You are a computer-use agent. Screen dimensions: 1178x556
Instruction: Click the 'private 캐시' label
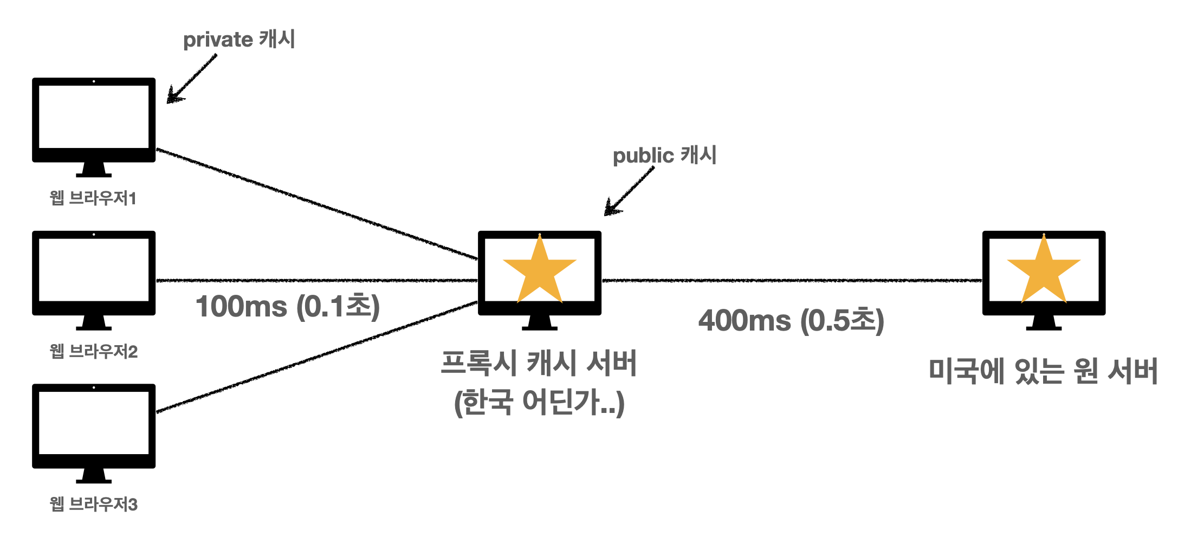coord(239,40)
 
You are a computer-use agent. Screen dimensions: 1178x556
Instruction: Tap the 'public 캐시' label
coord(664,156)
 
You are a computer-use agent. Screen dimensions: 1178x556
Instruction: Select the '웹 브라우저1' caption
coord(93,198)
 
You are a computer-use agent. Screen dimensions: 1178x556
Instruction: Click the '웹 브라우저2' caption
coord(93,352)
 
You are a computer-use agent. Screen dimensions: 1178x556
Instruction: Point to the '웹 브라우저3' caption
coord(93,505)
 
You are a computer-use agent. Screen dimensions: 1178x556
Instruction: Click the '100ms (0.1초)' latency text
coord(287,307)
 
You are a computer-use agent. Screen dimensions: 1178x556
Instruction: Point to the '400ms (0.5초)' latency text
coord(791,320)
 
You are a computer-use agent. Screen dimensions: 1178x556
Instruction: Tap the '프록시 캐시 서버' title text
coord(539,363)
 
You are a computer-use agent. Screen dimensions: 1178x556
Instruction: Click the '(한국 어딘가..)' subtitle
coord(539,403)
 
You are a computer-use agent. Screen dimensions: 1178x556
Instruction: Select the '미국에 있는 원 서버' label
coord(1043,371)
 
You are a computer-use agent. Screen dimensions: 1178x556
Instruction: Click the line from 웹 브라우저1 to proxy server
coord(317,204)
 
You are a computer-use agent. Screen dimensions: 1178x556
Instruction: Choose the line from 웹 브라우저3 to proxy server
coord(317,357)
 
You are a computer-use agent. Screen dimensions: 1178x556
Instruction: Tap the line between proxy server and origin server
coord(791,281)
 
